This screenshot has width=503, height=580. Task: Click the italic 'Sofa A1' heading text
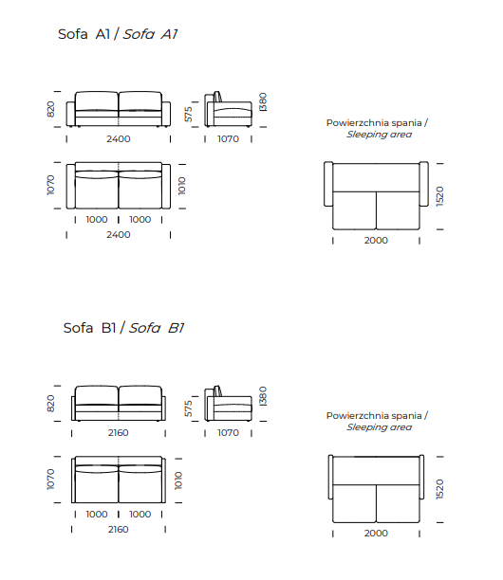(x=150, y=34)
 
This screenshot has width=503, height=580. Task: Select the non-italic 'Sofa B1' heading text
(x=89, y=328)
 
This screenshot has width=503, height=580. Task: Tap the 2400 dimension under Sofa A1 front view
(x=119, y=139)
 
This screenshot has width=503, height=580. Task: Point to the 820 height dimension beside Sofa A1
(x=50, y=109)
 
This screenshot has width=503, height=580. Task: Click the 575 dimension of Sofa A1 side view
(x=189, y=114)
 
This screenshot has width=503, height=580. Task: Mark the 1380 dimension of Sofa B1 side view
(x=263, y=396)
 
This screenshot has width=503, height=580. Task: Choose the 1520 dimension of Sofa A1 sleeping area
(x=439, y=196)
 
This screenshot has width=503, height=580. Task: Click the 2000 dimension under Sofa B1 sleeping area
(x=376, y=534)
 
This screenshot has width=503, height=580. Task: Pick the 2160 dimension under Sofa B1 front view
(x=119, y=433)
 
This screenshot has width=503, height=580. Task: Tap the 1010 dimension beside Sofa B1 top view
(x=178, y=480)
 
